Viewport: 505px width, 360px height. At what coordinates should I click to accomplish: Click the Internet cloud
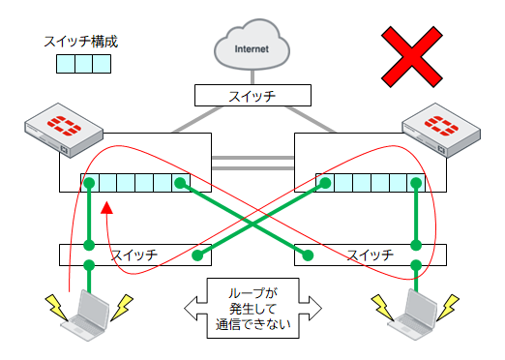pos(253,45)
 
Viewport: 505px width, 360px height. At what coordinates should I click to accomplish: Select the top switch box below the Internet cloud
pos(252,95)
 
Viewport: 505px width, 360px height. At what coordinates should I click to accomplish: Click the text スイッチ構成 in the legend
pos(82,43)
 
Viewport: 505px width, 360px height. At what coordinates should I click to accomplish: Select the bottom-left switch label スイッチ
pos(135,255)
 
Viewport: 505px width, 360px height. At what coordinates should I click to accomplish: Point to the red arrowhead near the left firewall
pos(107,207)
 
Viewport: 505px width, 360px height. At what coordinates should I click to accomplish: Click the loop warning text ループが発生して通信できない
pos(252,309)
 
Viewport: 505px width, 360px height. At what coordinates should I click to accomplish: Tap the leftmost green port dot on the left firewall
pos(88,183)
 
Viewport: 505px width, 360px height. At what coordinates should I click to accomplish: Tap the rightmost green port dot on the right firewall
pos(416,183)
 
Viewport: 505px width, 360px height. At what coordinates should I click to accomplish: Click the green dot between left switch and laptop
pos(88,266)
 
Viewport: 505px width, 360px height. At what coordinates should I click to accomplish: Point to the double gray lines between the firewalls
pos(252,160)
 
